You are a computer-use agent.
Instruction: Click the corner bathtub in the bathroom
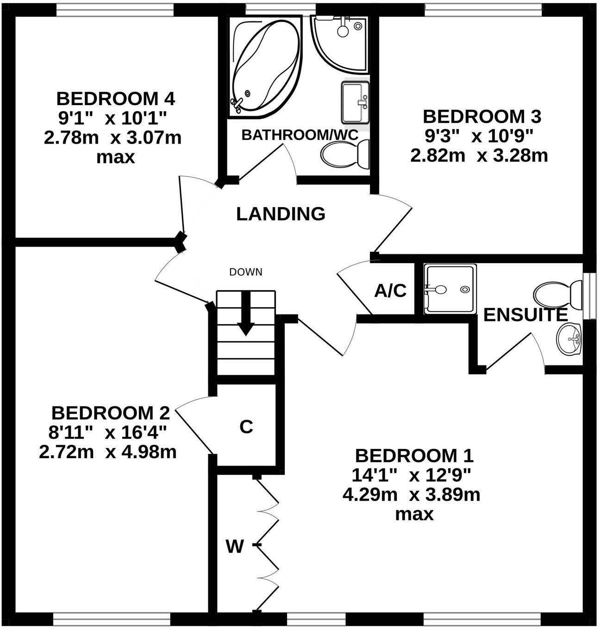click(x=264, y=67)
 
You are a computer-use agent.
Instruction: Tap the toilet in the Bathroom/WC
click(x=345, y=154)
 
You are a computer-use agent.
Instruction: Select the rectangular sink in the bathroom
click(x=355, y=102)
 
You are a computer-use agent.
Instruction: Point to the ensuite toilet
click(x=558, y=294)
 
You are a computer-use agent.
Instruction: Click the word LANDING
click(x=281, y=214)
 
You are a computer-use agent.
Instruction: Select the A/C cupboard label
click(x=390, y=291)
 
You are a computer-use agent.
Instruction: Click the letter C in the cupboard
click(x=246, y=427)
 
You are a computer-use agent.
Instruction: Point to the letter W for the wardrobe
click(x=235, y=547)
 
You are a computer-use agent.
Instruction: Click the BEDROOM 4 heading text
click(x=115, y=99)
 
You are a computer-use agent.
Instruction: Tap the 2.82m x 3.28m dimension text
click(x=479, y=155)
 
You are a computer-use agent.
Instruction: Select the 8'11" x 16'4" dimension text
click(x=107, y=432)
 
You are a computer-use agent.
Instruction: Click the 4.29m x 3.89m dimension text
click(x=411, y=495)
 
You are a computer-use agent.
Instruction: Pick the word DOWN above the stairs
click(x=246, y=272)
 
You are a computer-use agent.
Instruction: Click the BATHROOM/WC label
click(x=300, y=135)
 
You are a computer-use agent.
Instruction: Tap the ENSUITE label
click(x=525, y=315)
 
